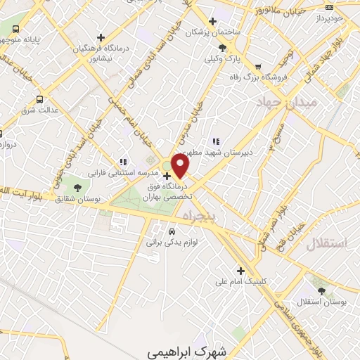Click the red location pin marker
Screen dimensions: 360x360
(x=181, y=166)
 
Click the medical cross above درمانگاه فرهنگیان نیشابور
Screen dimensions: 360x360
(x=101, y=37)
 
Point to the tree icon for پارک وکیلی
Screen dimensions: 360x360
(x=221, y=48)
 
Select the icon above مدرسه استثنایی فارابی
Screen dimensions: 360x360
(x=123, y=162)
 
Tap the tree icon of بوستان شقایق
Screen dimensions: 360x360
(x=77, y=187)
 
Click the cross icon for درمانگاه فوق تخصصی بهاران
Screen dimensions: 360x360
(x=167, y=176)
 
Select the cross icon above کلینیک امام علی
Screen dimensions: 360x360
(x=240, y=270)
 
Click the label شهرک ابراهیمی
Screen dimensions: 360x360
(x=178, y=349)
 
